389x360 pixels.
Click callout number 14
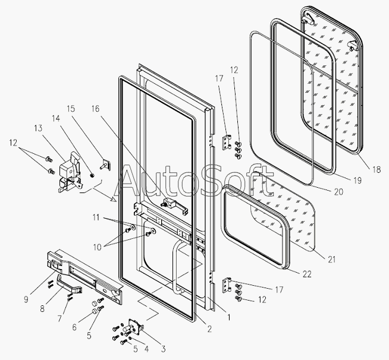point(56,119)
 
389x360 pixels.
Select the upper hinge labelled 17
point(226,143)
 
